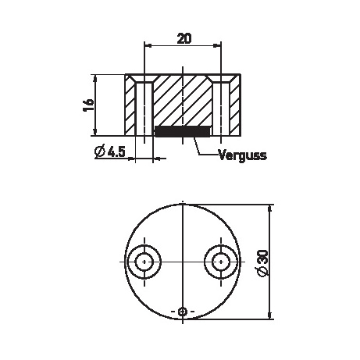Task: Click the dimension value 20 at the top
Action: pos(184,38)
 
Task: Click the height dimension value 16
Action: pos(88,105)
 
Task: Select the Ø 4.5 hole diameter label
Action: pos(110,151)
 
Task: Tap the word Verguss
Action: pos(243,155)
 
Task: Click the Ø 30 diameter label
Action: pos(262,263)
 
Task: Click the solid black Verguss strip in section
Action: pos(182,131)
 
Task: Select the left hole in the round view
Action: pos(144,262)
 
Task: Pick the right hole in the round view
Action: pos(221,262)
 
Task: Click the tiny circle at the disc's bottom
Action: pos(183,312)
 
